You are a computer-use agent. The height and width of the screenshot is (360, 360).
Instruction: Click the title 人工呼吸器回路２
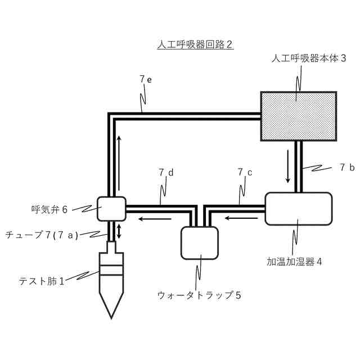pyautogui.click(x=195, y=45)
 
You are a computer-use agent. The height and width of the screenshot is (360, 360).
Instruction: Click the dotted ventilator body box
pyautogui.click(x=298, y=115)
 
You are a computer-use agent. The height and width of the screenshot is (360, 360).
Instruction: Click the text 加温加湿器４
pyautogui.click(x=294, y=262)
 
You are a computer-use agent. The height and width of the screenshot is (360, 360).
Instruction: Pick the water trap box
pyautogui.click(x=199, y=242)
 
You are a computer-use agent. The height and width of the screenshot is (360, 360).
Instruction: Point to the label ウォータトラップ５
pyautogui.click(x=200, y=294)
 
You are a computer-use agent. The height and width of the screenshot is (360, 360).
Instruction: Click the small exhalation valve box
pyautogui.click(x=110, y=208)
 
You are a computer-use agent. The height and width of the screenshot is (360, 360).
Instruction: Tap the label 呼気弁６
pyautogui.click(x=49, y=209)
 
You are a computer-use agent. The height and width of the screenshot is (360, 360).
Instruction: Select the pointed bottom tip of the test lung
pyautogui.click(x=112, y=317)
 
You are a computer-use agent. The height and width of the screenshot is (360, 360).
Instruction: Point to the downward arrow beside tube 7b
pyautogui.click(x=288, y=166)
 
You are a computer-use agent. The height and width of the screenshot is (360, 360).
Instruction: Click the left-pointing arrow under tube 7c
pyautogui.click(x=236, y=217)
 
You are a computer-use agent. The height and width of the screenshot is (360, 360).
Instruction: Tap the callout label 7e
pyautogui.click(x=146, y=79)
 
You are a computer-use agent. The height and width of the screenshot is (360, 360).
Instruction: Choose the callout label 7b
pyautogui.click(x=347, y=167)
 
